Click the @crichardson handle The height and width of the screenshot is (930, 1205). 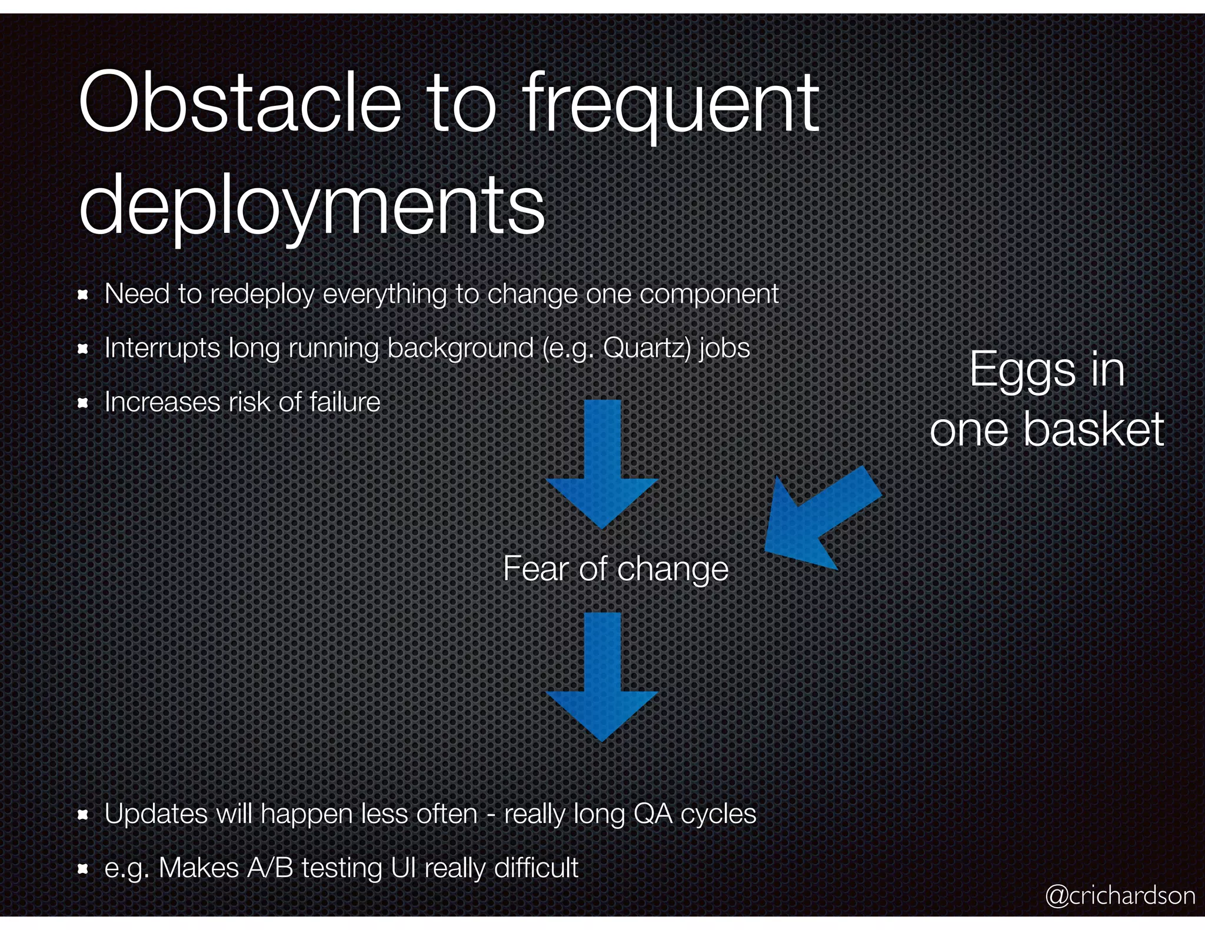[1120, 895]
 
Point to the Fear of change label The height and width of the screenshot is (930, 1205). [615, 568]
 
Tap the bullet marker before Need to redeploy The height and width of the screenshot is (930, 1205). [83, 295]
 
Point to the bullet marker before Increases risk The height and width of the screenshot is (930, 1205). [83, 403]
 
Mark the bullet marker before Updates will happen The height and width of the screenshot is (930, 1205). [83, 815]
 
